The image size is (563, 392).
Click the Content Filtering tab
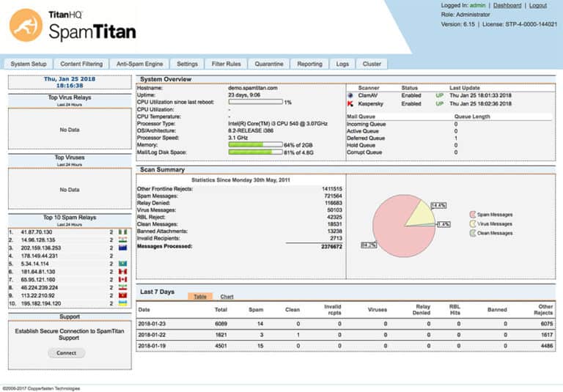tap(81, 64)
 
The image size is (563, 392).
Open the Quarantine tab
tap(269, 64)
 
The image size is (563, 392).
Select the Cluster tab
tap(372, 64)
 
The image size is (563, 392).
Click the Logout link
tap(537, 6)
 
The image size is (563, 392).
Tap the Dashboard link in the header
tap(507, 6)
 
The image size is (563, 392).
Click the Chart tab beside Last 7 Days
tap(227, 297)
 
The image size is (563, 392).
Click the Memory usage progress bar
tap(255, 145)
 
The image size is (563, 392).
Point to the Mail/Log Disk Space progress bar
tap(255, 152)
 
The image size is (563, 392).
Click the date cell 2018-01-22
tap(153, 334)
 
